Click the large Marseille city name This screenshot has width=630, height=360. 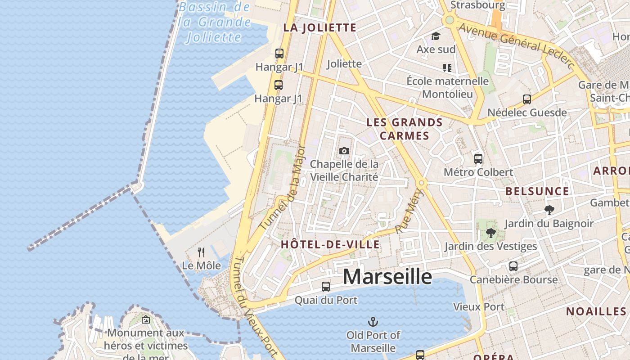pyautogui.click(x=387, y=276)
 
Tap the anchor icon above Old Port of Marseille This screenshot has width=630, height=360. pyautogui.click(x=373, y=322)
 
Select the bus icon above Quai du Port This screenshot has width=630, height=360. pyautogui.click(x=325, y=286)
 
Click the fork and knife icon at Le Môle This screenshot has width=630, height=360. pyautogui.click(x=201, y=252)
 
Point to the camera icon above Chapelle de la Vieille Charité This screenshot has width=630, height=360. pyautogui.click(x=344, y=151)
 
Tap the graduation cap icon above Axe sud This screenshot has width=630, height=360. pyautogui.click(x=436, y=36)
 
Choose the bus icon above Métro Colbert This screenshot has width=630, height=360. pyautogui.click(x=478, y=158)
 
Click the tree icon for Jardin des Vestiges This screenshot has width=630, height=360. pyautogui.click(x=490, y=233)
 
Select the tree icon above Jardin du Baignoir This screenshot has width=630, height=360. pyautogui.click(x=549, y=210)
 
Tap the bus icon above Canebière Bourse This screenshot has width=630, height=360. pyautogui.click(x=513, y=266)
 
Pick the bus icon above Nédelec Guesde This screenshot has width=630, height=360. pyautogui.click(x=526, y=99)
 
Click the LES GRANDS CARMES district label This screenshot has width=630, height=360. pyautogui.click(x=405, y=129)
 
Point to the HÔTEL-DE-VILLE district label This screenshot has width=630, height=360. pyautogui.click(x=330, y=244)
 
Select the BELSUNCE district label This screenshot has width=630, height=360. pyautogui.click(x=537, y=191)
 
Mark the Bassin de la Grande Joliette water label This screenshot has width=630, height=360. pyautogui.click(x=215, y=22)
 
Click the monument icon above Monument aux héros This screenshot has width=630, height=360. pyautogui.click(x=145, y=320)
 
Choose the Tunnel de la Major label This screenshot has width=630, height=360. pyautogui.click(x=283, y=187)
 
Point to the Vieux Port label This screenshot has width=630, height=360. pyautogui.click(x=478, y=306)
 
